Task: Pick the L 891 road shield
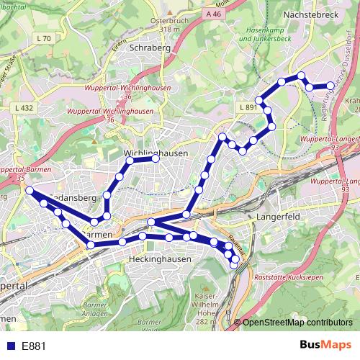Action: (x=247, y=107)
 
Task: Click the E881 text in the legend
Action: (x=34, y=346)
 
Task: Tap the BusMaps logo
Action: (x=325, y=345)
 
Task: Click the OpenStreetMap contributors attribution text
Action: (x=297, y=323)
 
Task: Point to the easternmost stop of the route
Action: (x=330, y=86)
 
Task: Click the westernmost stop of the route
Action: (x=30, y=190)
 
